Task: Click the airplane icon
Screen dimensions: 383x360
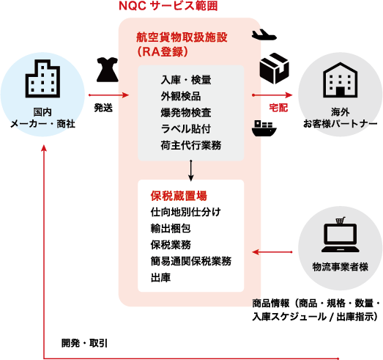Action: pos(264,34)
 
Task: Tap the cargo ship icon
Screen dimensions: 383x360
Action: pos(264,128)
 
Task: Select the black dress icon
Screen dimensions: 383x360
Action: pos(108,70)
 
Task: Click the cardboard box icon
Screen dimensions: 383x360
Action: pos(275,68)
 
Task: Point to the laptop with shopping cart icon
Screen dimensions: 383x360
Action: pos(341,235)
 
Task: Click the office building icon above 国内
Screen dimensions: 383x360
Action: pos(42,78)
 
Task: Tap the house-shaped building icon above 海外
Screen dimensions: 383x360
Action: pos(341,80)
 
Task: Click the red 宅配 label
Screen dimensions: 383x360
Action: pos(278,108)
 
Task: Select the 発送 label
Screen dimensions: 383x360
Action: pos(103,108)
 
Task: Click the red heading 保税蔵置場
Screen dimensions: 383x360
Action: pos(179,196)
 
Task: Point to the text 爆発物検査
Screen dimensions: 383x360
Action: pos(186,113)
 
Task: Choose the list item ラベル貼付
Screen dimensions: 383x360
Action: pos(185,129)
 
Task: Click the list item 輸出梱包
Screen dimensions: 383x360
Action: pos(171,229)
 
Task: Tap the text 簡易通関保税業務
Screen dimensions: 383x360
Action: pos(191,261)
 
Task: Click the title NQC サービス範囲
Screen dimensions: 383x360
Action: pos(168,6)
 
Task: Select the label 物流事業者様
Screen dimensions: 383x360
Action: pos(341,267)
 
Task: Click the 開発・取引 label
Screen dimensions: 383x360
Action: pos(84,343)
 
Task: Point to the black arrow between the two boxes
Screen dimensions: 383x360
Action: pos(191,170)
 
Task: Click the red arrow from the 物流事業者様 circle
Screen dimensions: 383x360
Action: pos(272,252)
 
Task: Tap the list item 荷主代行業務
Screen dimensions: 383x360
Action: pos(191,145)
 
